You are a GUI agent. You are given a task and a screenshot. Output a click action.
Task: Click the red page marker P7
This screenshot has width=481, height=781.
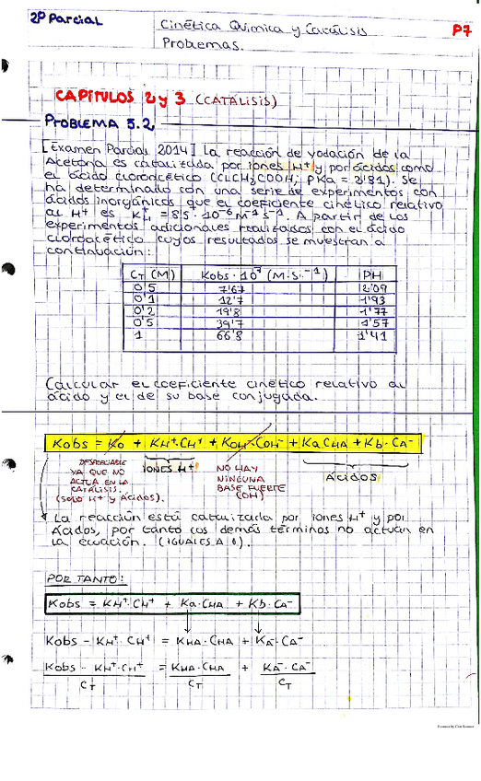point(461,29)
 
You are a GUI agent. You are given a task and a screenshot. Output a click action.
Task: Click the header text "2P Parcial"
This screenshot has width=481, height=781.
point(65,18)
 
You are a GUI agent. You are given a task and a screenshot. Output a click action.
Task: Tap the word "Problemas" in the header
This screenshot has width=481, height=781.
point(200,43)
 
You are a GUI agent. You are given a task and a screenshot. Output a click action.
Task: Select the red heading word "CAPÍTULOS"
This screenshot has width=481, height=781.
point(93,97)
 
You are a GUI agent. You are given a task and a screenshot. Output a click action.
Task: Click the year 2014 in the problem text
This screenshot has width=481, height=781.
point(164,149)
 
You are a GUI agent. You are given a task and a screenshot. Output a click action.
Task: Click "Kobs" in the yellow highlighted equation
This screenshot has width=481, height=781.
point(70,443)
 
